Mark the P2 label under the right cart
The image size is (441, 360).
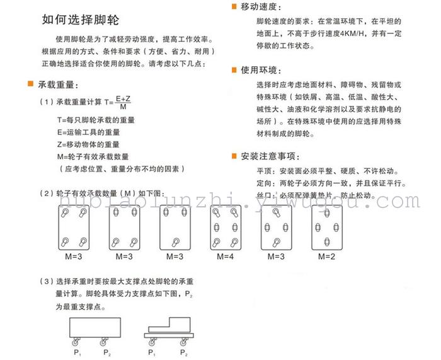click(183, 351)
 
